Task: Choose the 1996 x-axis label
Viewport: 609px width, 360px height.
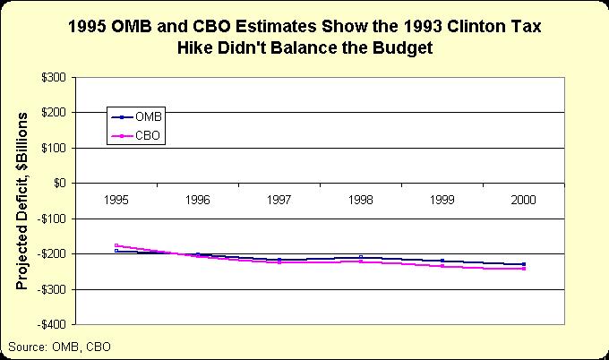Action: [198, 199]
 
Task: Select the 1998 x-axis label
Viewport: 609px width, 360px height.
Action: [361, 199]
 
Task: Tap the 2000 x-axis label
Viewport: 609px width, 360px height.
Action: [524, 199]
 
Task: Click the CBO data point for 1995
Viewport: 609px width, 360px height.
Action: [116, 245]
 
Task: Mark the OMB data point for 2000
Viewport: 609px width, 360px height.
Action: [524, 264]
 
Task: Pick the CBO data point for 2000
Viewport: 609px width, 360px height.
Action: [524, 269]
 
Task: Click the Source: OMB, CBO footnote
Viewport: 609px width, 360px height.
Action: [58, 346]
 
